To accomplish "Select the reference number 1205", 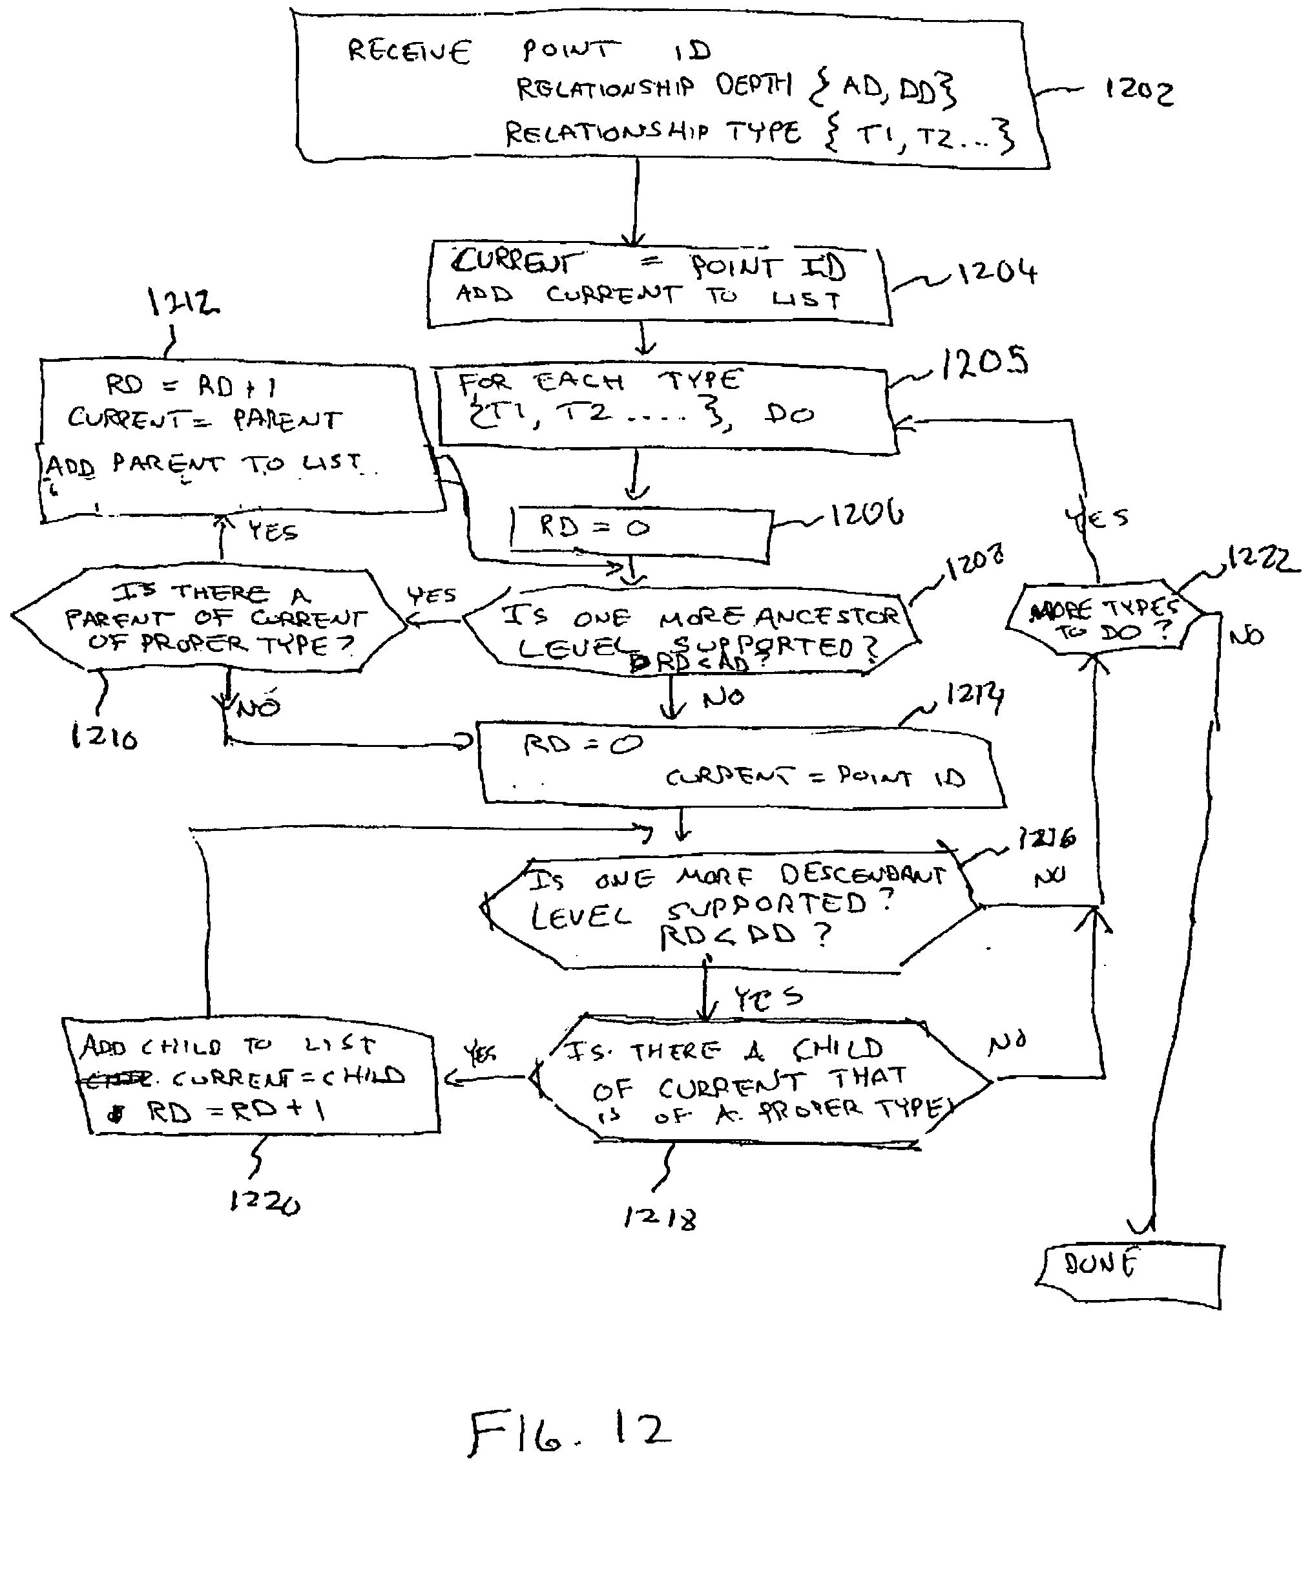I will (x=984, y=362).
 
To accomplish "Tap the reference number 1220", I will (x=264, y=1202).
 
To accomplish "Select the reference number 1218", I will (x=660, y=1218).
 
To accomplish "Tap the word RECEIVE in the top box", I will (x=409, y=51).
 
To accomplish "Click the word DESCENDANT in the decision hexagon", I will (x=862, y=875).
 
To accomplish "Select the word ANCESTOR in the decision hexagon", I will (x=828, y=616).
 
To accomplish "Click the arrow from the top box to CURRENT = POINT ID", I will (x=636, y=202).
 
